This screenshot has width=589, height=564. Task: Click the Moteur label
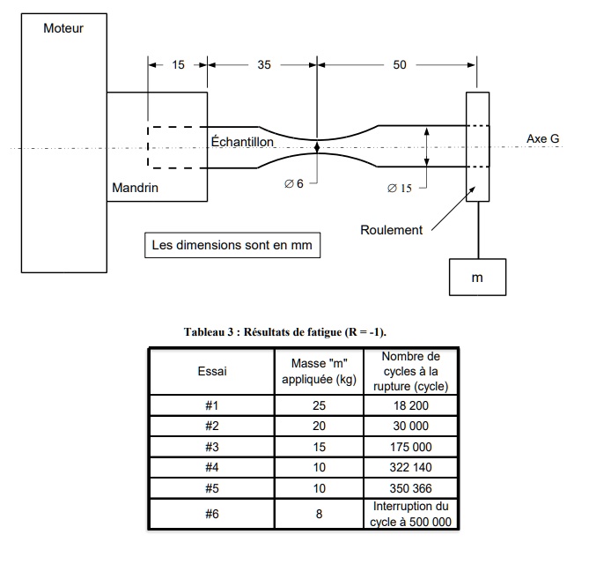(x=63, y=28)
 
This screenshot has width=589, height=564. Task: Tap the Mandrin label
(x=134, y=188)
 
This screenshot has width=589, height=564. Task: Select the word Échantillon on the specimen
(x=243, y=141)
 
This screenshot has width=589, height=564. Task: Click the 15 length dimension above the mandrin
(x=178, y=64)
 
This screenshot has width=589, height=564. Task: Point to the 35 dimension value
(x=263, y=64)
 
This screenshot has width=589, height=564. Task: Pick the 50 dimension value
(x=400, y=64)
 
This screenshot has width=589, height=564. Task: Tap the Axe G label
(x=542, y=139)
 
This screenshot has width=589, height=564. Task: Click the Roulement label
(x=391, y=230)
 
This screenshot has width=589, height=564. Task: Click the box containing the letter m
(x=477, y=277)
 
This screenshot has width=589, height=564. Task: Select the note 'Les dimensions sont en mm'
(x=232, y=244)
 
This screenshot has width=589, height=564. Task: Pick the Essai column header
(x=212, y=371)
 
